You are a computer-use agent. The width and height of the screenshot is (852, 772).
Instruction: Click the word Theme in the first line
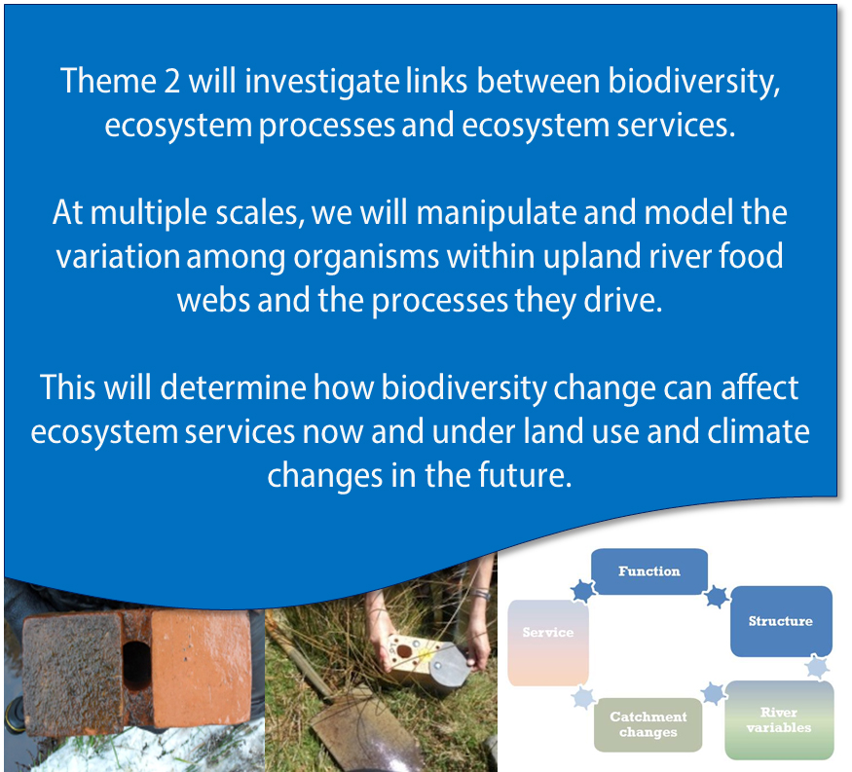[x=108, y=81]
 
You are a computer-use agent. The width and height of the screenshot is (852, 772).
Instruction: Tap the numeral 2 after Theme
[x=171, y=81]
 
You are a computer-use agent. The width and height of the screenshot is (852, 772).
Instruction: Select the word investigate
[x=321, y=83]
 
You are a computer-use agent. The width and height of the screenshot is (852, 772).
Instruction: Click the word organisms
[x=366, y=258]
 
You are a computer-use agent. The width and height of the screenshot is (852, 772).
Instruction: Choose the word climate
[x=759, y=431]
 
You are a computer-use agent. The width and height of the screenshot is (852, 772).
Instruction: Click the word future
[x=525, y=475]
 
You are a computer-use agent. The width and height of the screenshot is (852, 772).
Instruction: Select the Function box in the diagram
[x=649, y=571]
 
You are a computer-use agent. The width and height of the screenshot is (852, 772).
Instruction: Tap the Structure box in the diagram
[x=781, y=621]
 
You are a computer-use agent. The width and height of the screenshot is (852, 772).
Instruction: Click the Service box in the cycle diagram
[x=547, y=643]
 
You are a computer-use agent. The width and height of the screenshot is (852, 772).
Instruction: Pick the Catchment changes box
[x=648, y=724]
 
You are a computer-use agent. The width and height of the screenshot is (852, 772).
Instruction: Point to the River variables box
[x=779, y=719]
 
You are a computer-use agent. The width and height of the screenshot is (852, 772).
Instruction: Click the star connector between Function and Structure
[x=718, y=597]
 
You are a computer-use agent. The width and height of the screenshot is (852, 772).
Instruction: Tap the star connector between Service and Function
[x=583, y=591]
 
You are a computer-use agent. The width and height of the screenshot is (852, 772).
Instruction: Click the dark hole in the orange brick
[x=136, y=666]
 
